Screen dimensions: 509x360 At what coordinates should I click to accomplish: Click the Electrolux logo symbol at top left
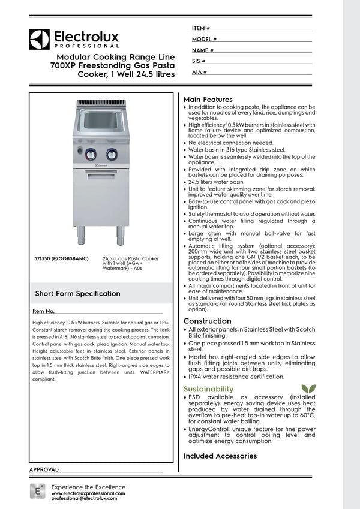(39, 39)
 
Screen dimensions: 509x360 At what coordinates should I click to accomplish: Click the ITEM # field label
(201, 28)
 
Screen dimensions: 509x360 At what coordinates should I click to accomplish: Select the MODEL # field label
(205, 39)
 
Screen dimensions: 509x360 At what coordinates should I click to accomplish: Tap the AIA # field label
(200, 72)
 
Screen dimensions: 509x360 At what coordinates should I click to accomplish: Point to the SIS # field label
(199, 61)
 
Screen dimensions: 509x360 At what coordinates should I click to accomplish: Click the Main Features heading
(208, 99)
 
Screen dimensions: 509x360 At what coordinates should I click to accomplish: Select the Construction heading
(207, 321)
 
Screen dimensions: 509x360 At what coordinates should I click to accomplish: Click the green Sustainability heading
(208, 389)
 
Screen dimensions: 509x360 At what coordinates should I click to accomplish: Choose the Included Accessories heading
(220, 456)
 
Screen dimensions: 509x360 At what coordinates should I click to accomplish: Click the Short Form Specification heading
(77, 294)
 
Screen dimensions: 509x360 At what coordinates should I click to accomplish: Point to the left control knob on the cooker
(91, 155)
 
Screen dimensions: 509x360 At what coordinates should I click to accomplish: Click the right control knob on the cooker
(112, 155)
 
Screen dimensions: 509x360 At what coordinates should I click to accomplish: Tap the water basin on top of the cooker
(101, 120)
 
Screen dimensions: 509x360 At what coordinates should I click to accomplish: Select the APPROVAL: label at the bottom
(44, 469)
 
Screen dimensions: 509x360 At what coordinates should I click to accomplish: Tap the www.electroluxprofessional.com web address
(88, 493)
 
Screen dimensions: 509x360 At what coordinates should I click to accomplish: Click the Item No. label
(43, 311)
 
